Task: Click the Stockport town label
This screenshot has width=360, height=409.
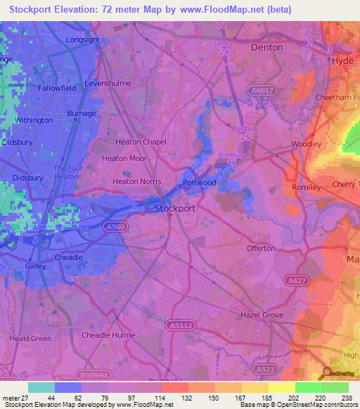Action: (x=174, y=209)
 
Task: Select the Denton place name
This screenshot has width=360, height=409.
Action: (x=266, y=48)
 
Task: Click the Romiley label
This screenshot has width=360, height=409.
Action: (x=306, y=188)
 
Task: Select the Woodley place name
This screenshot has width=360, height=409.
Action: (x=307, y=144)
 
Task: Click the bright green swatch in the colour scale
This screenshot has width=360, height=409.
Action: (x=309, y=387)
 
